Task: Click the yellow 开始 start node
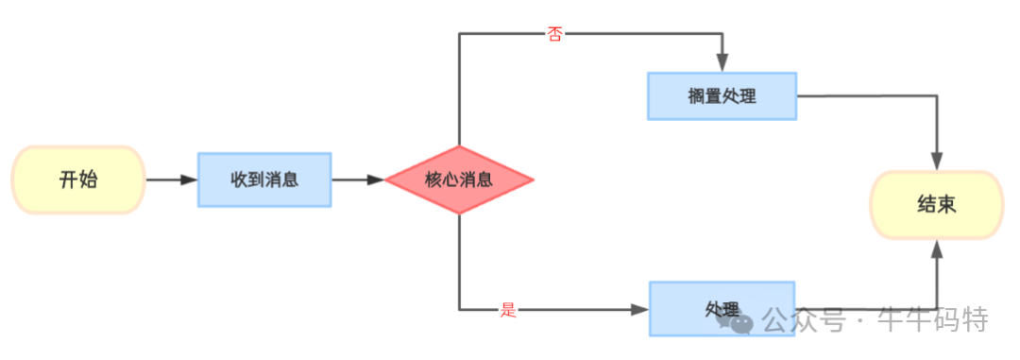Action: [78, 180]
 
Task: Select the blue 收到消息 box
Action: [264, 180]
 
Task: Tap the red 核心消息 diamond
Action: [459, 180]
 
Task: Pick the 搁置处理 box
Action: [722, 95]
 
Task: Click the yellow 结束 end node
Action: [936, 204]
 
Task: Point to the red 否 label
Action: [554, 34]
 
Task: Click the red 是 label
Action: [508, 310]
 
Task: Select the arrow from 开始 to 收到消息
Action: [170, 180]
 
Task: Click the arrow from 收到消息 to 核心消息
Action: [358, 180]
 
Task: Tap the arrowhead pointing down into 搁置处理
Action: [722, 62]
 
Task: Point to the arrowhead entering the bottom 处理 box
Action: [639, 309]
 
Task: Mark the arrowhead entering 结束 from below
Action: [937, 249]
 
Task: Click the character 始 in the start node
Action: [90, 180]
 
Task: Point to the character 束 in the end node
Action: [947, 204]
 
